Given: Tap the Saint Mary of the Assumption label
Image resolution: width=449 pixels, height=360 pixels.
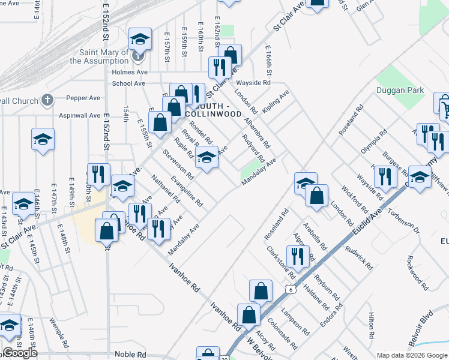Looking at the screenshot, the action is (x=99, y=57).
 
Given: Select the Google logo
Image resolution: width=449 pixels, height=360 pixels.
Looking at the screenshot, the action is (x=20, y=353).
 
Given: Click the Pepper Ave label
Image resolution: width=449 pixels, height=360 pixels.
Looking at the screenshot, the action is (x=83, y=98).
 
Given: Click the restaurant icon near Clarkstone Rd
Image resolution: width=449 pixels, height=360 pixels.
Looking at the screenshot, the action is (x=298, y=257).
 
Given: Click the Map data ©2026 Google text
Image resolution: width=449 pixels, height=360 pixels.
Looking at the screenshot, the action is (x=412, y=355).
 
